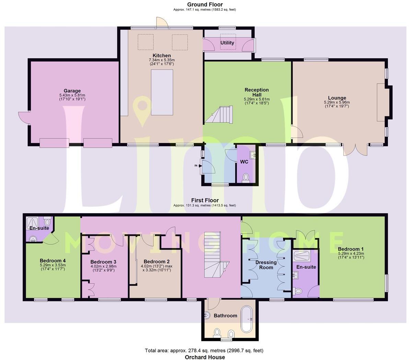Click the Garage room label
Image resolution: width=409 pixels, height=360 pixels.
72,91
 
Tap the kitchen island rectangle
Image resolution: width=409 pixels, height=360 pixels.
162,92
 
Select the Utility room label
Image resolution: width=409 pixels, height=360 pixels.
227,43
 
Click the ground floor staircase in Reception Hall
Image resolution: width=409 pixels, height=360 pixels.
220,115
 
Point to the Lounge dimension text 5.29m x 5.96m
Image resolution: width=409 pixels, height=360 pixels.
337,102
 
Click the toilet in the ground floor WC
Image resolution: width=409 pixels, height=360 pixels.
246,177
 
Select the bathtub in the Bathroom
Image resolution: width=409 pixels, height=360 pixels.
246,319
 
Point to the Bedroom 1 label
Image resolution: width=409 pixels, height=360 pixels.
351,249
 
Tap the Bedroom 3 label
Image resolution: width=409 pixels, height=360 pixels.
103,261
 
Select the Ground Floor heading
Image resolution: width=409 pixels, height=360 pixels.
204,4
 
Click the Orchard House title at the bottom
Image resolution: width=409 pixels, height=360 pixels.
205,357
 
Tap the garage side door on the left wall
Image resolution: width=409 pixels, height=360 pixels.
24,118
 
